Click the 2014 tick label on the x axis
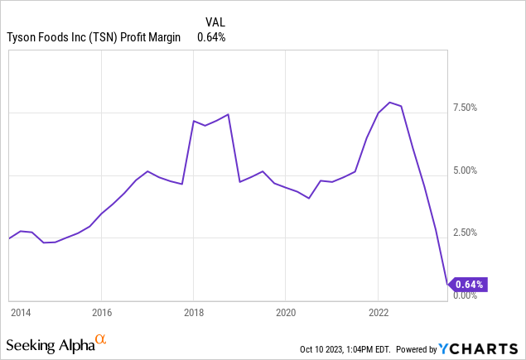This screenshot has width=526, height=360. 20,313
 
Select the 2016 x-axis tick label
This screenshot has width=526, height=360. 100,313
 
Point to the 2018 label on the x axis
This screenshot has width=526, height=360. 193,313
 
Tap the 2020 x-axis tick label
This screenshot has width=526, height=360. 285,313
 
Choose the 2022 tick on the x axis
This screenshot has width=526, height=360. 378,313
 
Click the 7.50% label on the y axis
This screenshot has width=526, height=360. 465,108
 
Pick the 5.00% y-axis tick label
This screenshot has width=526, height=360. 465,170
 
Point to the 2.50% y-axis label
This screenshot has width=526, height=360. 465,233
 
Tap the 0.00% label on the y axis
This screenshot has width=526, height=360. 465,295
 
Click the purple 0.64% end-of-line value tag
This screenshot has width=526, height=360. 468,284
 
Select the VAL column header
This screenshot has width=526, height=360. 215,22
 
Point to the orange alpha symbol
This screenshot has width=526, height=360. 100,339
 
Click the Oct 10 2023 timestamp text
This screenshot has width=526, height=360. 345,349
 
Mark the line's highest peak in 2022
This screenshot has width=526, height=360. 389,102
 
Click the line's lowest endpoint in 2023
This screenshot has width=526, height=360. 447,284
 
